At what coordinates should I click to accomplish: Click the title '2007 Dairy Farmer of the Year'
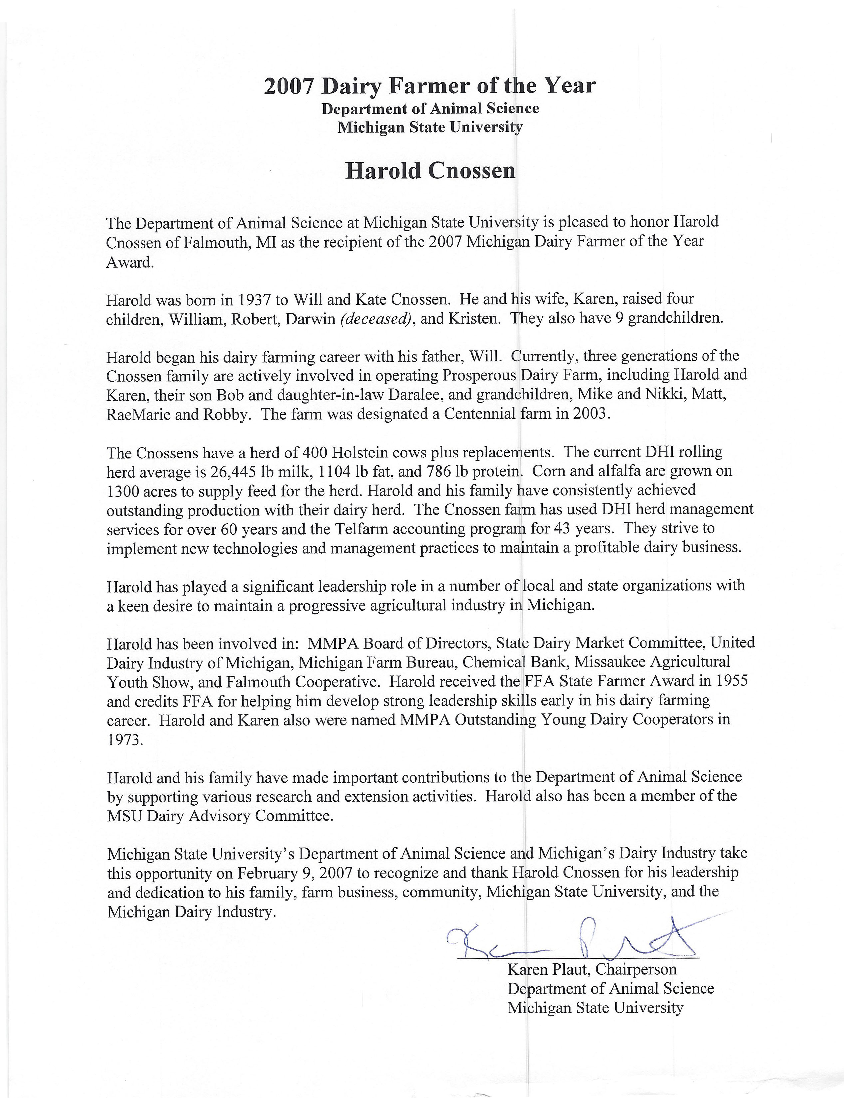pos(429,86)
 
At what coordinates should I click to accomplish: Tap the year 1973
pos(125,740)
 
